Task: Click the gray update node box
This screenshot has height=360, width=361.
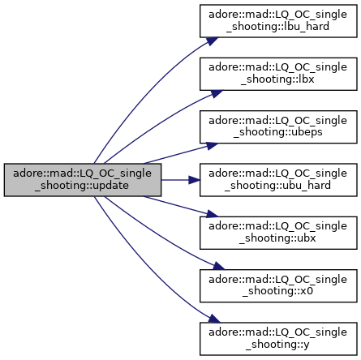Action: click(83, 180)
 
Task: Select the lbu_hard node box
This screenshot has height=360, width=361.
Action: click(278, 21)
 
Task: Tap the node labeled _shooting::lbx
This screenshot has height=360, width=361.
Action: click(278, 74)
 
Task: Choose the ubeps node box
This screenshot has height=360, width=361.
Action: click(278, 126)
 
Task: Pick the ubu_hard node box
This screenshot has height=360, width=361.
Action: click(278, 180)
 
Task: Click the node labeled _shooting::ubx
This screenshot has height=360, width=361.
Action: click(278, 233)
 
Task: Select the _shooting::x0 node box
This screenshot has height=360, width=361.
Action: click(278, 286)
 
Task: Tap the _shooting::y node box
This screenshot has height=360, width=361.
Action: click(278, 339)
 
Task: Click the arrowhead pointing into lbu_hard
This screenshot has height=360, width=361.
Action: click(213, 41)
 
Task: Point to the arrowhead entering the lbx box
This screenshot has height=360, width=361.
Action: click(217, 93)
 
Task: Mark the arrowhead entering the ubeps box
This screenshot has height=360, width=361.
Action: click(213, 146)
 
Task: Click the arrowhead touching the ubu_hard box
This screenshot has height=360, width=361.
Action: click(195, 180)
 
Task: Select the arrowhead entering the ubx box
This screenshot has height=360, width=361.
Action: click(213, 214)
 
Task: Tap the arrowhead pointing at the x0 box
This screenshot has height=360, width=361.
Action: click(218, 266)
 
